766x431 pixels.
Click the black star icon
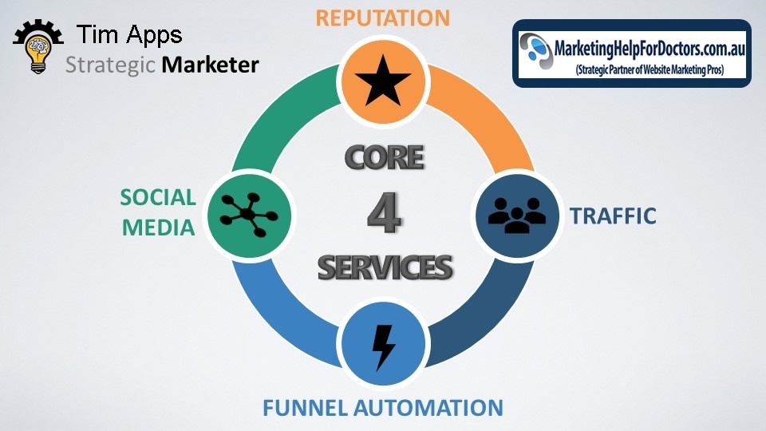click(383, 81)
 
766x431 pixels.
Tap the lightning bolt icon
click(384, 347)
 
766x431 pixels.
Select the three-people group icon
click(517, 215)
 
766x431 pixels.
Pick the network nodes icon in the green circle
click(249, 215)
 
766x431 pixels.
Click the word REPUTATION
click(382, 18)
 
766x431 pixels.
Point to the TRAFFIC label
click(613, 216)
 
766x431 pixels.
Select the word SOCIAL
click(158, 197)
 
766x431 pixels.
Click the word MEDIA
click(158, 227)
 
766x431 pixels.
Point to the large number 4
click(385, 213)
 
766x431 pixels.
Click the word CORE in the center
click(385, 157)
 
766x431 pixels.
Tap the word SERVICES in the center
click(385, 267)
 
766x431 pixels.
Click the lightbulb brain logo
click(38, 46)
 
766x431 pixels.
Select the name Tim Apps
click(129, 34)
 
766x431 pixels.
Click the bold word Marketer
click(210, 65)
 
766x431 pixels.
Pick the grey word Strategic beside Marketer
click(110, 65)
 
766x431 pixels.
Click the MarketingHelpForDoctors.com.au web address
click(650, 49)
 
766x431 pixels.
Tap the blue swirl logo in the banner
click(536, 51)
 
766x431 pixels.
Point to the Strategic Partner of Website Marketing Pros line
click(650, 70)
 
